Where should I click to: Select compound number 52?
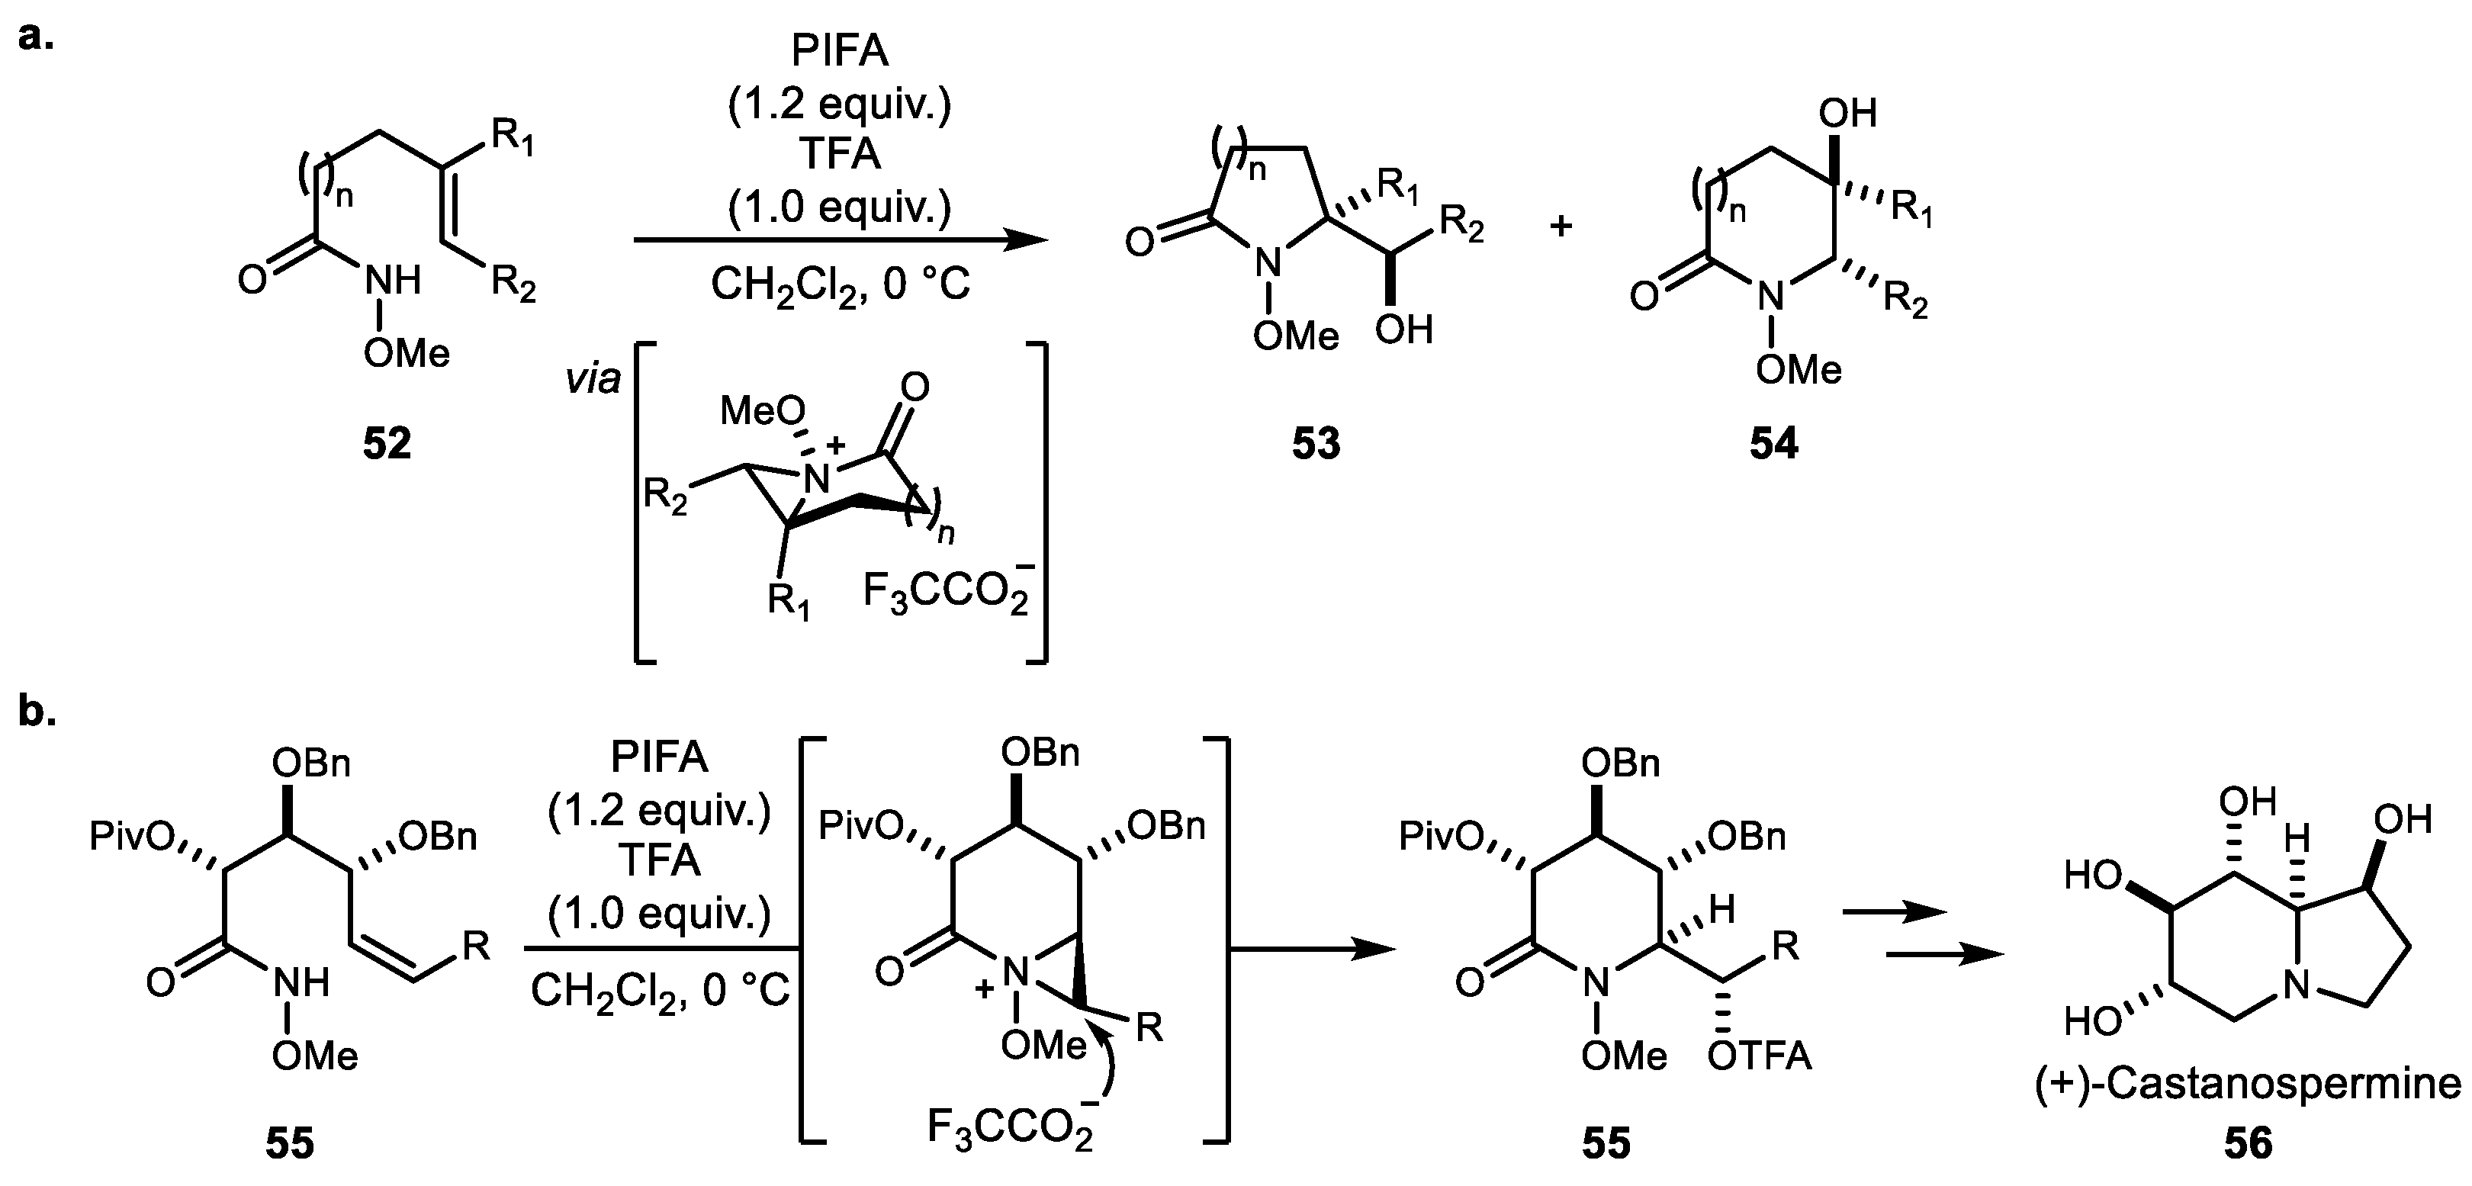tap(387, 443)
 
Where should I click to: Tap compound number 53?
tap(1316, 443)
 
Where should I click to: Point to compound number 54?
tap(1773, 443)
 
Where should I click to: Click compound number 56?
tap(2249, 1144)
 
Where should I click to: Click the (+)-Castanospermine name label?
tap(2248, 1085)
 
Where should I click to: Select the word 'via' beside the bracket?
tap(592, 381)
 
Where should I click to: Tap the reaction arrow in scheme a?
tap(840, 241)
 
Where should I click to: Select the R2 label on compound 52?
tap(513, 285)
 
